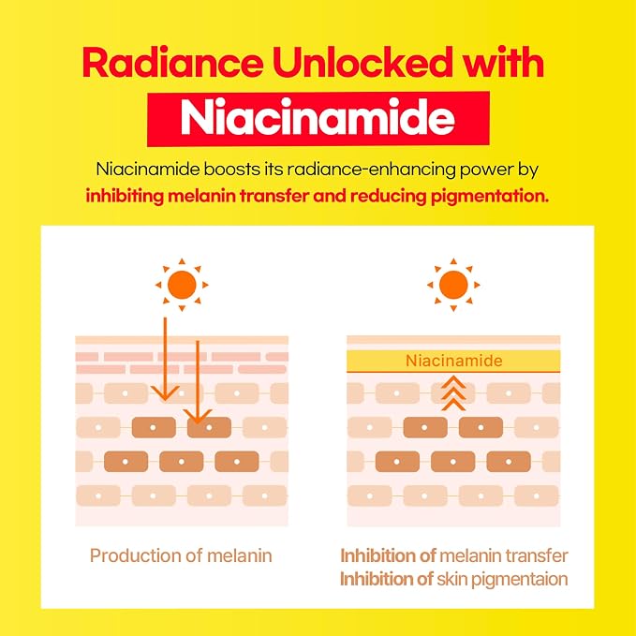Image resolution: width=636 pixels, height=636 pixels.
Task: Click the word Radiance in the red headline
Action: [x=172, y=63]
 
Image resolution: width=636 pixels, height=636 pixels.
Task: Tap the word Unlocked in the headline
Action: [x=362, y=62]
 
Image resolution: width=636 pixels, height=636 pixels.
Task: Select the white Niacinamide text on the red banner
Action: [x=318, y=117]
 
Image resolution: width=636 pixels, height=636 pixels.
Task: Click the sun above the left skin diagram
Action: [x=182, y=285]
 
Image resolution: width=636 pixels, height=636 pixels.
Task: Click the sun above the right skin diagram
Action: [x=453, y=285]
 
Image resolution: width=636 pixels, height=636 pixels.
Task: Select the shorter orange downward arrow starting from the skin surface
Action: [x=198, y=382]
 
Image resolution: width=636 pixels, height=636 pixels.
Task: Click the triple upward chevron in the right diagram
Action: [x=453, y=393]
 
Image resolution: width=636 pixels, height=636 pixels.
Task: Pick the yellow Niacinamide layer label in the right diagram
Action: [x=454, y=361]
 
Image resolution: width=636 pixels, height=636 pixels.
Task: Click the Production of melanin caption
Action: [x=181, y=556]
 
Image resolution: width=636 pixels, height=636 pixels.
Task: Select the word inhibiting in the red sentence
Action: [x=125, y=197]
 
